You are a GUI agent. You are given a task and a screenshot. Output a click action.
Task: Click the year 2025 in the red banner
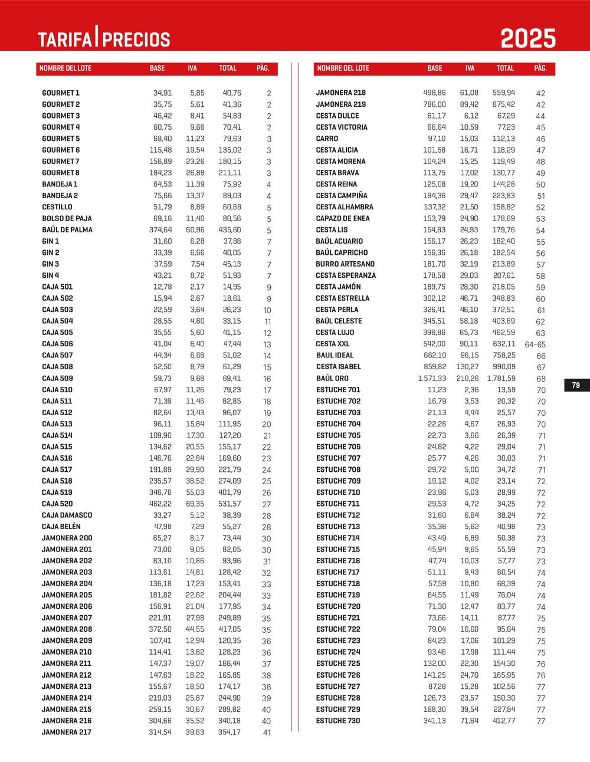528,39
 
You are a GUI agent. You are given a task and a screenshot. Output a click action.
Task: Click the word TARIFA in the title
65,40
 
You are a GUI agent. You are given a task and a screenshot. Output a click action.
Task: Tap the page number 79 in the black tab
576,385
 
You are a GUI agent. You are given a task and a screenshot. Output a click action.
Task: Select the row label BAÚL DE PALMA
67,230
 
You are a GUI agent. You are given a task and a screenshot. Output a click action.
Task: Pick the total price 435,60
230,230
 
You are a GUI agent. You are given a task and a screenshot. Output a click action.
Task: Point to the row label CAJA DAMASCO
67,515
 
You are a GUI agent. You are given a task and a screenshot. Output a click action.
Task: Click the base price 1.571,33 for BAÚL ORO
432,379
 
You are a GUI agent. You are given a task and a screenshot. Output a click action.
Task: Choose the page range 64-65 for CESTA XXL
535,344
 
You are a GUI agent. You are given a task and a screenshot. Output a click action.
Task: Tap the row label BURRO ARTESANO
345,264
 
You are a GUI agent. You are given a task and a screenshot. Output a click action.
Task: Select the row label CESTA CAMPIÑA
342,196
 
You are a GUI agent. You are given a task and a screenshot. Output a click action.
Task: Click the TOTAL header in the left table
228,68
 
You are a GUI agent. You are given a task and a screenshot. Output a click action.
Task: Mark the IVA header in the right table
470,68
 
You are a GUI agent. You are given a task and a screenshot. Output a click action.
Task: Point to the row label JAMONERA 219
341,104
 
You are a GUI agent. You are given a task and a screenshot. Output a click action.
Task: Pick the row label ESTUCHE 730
338,721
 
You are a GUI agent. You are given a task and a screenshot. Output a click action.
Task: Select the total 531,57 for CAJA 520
230,504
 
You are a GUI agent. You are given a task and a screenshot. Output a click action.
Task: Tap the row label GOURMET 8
61,173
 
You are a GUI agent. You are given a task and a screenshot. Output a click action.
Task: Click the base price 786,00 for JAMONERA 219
434,104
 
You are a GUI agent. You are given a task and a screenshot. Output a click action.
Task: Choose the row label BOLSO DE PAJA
67,219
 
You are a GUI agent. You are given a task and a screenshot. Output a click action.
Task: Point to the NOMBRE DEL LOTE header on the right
343,68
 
